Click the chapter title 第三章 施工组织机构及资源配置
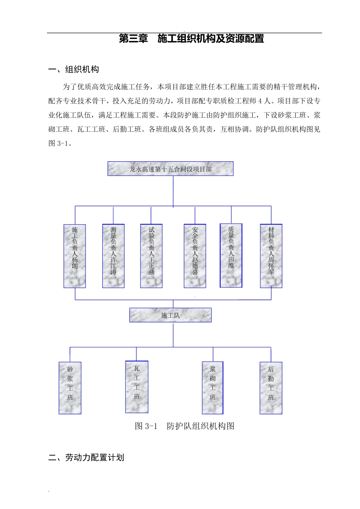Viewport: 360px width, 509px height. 191,39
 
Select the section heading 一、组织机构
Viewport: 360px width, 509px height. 74,69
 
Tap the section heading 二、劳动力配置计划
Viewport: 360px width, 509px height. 86,457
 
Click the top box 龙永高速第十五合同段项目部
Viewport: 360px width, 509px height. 170,169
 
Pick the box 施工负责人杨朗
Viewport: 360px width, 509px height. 75,256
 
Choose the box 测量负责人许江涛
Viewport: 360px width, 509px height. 113,256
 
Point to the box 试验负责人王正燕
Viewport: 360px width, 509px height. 151,256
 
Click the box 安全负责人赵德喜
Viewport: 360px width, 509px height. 195,256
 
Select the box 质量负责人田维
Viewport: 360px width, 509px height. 231,256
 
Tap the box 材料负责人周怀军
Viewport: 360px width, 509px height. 271,256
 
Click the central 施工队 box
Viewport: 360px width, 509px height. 170,315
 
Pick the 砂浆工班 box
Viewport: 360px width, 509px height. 70,388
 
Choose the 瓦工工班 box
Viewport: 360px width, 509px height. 137,387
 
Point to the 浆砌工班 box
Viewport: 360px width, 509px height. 213,388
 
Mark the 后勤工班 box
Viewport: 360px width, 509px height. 271,388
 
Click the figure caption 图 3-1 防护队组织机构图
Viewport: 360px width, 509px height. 185,426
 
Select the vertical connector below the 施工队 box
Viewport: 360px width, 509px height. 173,334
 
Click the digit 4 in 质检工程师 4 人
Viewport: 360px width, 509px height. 260,101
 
